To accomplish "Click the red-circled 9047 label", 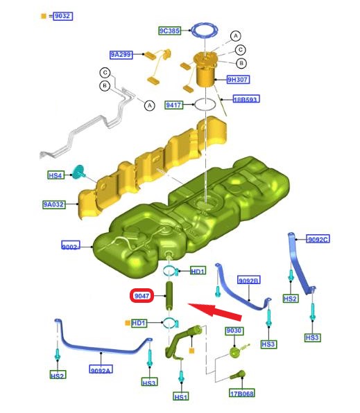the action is click(x=142, y=296).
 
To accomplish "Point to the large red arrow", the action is click(x=215, y=311).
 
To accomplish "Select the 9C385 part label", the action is click(x=169, y=30).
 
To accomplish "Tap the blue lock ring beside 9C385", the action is click(x=205, y=30).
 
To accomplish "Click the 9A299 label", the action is click(x=121, y=55).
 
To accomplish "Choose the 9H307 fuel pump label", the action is click(x=238, y=79).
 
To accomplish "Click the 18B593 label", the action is click(x=246, y=99).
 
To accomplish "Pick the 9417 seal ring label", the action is click(x=173, y=105).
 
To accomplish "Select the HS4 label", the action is click(x=56, y=175).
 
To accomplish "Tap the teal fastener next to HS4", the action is click(x=78, y=172).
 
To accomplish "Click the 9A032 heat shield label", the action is click(x=54, y=204).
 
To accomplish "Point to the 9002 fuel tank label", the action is click(x=71, y=245).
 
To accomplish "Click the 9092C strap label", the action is click(x=318, y=239).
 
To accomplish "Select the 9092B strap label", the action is click(x=249, y=280).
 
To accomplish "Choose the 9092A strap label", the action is click(x=101, y=369).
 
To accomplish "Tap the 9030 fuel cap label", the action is click(x=234, y=331).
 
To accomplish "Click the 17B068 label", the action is click(x=242, y=393).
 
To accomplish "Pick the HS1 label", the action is click(x=181, y=396).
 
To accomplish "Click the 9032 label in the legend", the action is click(x=63, y=16).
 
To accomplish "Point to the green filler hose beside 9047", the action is click(x=169, y=296).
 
